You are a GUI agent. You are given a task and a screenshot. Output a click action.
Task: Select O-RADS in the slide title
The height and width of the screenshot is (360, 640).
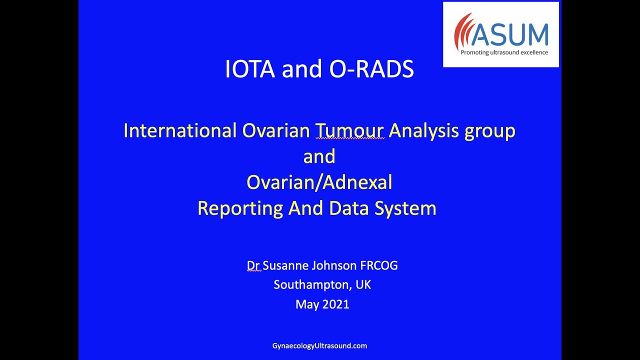click(371, 70)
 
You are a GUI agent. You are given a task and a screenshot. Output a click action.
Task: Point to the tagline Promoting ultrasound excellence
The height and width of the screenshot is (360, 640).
click(504, 52)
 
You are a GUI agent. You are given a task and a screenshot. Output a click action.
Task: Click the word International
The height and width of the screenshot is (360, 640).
click(180, 131)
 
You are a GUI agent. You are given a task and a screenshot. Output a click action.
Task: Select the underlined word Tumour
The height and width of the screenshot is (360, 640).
click(349, 131)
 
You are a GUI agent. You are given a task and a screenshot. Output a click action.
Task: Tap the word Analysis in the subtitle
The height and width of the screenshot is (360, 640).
click(424, 131)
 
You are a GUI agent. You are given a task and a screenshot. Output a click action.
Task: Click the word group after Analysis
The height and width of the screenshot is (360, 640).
click(490, 131)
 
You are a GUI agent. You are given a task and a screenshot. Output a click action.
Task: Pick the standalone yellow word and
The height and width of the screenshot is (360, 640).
click(319, 156)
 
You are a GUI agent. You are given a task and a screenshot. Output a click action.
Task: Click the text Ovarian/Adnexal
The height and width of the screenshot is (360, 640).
click(319, 182)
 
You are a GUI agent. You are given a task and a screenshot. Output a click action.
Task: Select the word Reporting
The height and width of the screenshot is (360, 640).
click(240, 208)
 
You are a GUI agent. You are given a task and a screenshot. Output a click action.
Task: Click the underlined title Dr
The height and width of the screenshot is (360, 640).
click(253, 265)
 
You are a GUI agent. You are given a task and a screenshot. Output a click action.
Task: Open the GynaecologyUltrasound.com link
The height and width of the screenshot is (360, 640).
click(319, 345)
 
